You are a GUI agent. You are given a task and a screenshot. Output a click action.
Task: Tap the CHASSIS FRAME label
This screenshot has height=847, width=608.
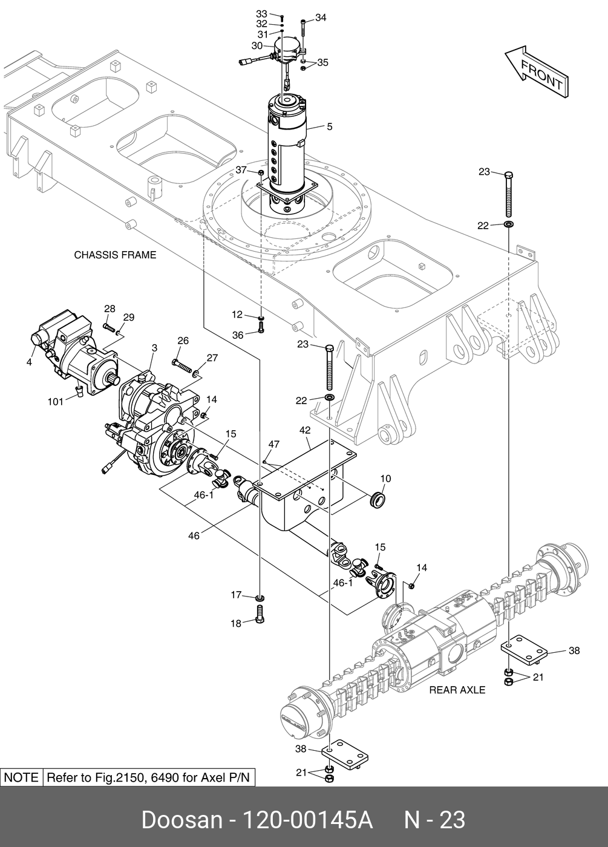pos(115,255)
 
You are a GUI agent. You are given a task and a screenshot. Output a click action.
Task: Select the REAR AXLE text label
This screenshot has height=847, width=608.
pos(457,690)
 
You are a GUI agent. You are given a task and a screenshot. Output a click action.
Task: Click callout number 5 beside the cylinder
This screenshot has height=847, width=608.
pos(330,126)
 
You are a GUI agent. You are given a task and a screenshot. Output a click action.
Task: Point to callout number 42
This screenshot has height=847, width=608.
pos(305,430)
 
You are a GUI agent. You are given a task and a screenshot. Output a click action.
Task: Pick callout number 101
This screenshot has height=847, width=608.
pos(55,402)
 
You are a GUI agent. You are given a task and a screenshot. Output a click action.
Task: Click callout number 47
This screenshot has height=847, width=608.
pos(273,444)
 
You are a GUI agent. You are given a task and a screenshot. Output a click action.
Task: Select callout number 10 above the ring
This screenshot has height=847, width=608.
pos(385,479)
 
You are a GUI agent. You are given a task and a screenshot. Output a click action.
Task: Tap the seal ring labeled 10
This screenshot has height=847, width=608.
pos(377,499)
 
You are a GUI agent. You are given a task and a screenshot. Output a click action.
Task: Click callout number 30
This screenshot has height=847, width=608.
pos(257,46)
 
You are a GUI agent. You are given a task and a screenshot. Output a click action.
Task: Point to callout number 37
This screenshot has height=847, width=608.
pos(241,170)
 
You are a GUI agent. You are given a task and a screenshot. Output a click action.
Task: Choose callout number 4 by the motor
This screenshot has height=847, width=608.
pos(29,362)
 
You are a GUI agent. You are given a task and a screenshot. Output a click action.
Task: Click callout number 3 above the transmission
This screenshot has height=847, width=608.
pos(154,348)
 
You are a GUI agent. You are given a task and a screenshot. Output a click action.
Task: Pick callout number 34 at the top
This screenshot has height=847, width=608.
pos(321,18)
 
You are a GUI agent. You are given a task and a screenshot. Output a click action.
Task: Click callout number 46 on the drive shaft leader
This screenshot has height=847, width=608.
pos(194,536)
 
